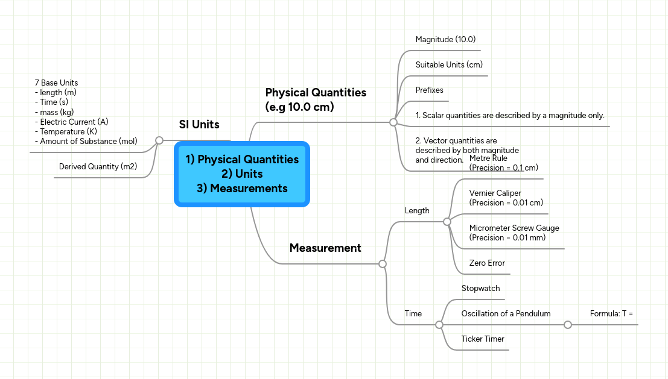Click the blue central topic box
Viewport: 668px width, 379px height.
(x=241, y=174)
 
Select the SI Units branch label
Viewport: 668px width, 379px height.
(x=199, y=125)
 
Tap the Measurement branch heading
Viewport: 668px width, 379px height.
(x=325, y=248)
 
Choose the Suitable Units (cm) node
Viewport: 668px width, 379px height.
(x=449, y=65)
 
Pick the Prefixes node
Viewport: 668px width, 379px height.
(x=429, y=90)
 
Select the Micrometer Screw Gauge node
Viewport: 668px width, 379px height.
(x=514, y=233)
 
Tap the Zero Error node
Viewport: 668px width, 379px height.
(x=487, y=263)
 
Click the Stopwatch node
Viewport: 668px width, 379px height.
(x=480, y=289)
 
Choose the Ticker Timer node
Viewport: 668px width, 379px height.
(x=483, y=339)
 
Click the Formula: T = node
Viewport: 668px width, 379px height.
(x=611, y=314)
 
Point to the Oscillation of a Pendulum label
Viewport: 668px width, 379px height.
(x=506, y=314)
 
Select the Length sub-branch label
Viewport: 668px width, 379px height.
(x=417, y=211)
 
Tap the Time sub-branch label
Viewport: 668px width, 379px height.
(x=413, y=314)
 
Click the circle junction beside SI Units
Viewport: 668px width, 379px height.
(x=159, y=140)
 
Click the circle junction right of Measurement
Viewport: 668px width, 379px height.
(x=382, y=264)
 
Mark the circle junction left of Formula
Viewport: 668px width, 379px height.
(x=567, y=325)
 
